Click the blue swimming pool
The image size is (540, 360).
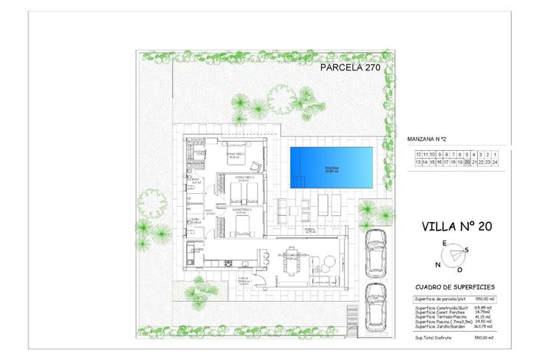coord(332,167)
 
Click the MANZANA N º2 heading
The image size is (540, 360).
coord(427,140)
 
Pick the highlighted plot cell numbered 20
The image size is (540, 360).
coord(467,162)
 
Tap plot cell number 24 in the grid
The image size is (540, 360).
coord(495,162)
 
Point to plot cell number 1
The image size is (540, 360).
coord(495,154)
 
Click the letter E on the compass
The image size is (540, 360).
coord(443,243)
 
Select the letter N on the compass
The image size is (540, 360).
coord(437,265)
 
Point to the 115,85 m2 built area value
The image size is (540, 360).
coord(483,307)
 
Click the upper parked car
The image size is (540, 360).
coord(375,250)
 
